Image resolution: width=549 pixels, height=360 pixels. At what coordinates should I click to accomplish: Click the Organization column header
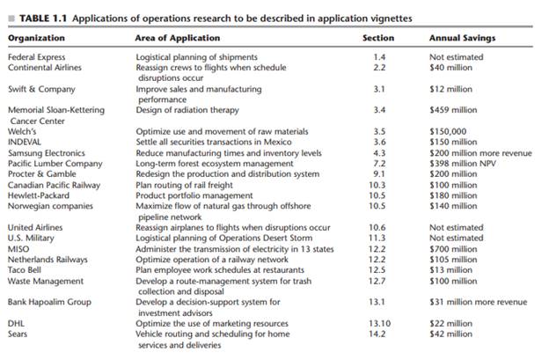click(x=36, y=38)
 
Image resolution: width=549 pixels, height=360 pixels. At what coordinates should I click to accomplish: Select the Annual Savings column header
click(x=462, y=38)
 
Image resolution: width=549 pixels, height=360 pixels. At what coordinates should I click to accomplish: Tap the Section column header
click(x=378, y=38)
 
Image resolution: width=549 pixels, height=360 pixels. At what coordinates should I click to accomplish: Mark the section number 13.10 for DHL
click(x=379, y=323)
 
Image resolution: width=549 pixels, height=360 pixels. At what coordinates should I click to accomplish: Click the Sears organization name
click(x=18, y=334)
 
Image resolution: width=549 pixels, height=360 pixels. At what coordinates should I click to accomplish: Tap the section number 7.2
click(x=379, y=163)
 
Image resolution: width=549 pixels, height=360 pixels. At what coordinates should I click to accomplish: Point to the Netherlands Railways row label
click(x=48, y=259)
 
